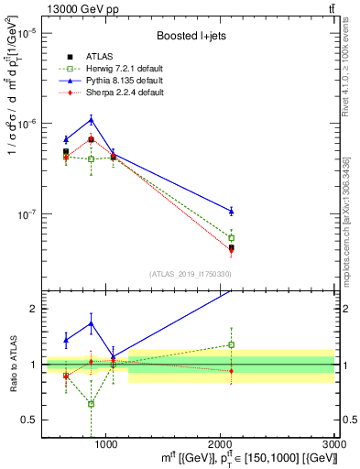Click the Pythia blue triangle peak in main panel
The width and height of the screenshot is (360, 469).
(x=91, y=119)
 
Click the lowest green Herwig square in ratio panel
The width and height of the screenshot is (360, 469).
(x=91, y=403)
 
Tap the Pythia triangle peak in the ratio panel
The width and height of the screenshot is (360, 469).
(x=91, y=322)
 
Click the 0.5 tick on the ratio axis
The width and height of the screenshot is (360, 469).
(x=34, y=420)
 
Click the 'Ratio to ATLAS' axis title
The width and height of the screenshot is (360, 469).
(x=13, y=365)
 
